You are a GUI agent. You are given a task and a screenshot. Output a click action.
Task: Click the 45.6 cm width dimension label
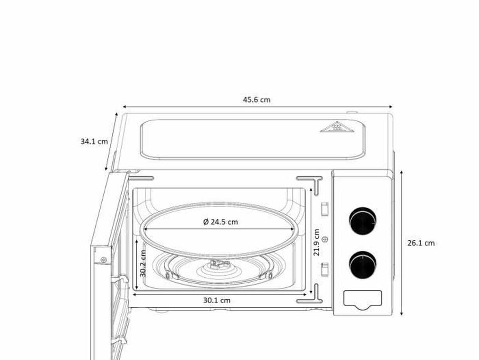pyautogui.click(x=257, y=100)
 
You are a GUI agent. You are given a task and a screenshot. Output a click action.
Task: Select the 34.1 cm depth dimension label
pyautogui.click(x=94, y=141)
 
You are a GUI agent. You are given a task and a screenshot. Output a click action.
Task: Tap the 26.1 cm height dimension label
pyautogui.click(x=421, y=243)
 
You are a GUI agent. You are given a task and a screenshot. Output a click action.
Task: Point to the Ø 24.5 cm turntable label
pyautogui.click(x=220, y=222)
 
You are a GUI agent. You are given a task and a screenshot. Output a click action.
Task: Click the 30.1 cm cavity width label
pyautogui.click(x=217, y=301)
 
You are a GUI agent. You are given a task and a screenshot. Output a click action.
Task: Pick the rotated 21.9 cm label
pyautogui.click(x=316, y=242)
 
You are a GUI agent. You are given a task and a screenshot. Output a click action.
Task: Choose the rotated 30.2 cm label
pyautogui.click(x=143, y=263)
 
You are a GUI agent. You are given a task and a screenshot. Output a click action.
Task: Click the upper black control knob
pyautogui.click(x=362, y=221)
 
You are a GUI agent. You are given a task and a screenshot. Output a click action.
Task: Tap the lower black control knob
pyautogui.click(x=362, y=265)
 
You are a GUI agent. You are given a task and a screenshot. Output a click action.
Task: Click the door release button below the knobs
pyautogui.click(x=362, y=300)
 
